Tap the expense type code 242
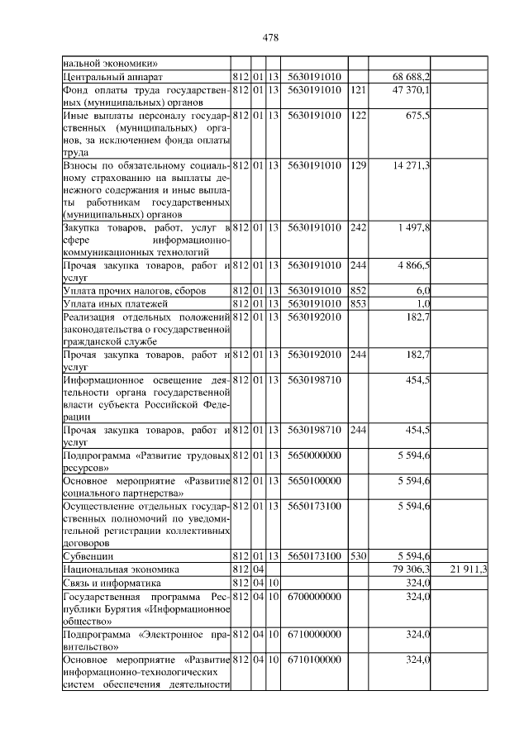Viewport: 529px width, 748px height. pos(357,228)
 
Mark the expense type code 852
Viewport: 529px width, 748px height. pos(357,291)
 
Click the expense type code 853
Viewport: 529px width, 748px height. pos(357,303)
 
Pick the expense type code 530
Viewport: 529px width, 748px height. pos(357,556)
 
